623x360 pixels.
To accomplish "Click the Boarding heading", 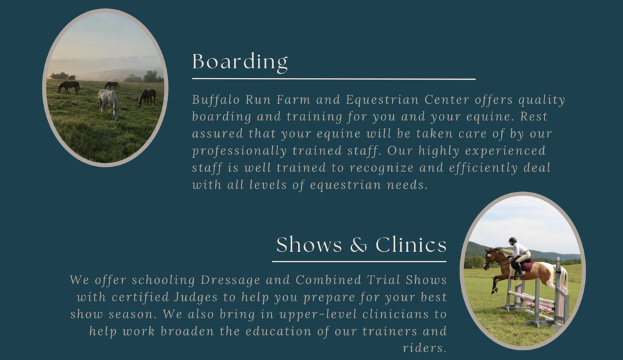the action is pyautogui.click(x=240, y=62).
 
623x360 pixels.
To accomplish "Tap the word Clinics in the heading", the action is pyautogui.click(x=411, y=244).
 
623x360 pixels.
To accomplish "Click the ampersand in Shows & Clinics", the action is pyautogui.click(x=358, y=245).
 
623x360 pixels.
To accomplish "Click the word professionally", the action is pyautogui.click(x=239, y=151).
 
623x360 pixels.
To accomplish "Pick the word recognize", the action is pyautogui.click(x=382, y=168).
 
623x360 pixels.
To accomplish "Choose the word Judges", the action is pyautogui.click(x=196, y=297).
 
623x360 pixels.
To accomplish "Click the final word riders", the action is pyautogui.click(x=425, y=348).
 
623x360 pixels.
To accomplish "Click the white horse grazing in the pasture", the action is pyautogui.click(x=109, y=102).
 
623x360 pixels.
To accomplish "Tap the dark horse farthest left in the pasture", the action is pyautogui.click(x=69, y=86).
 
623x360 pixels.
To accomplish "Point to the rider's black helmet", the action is pyautogui.click(x=512, y=240).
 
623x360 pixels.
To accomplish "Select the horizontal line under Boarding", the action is pyautogui.click(x=334, y=79).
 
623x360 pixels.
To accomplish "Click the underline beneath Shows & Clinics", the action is pyautogui.click(x=359, y=261).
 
